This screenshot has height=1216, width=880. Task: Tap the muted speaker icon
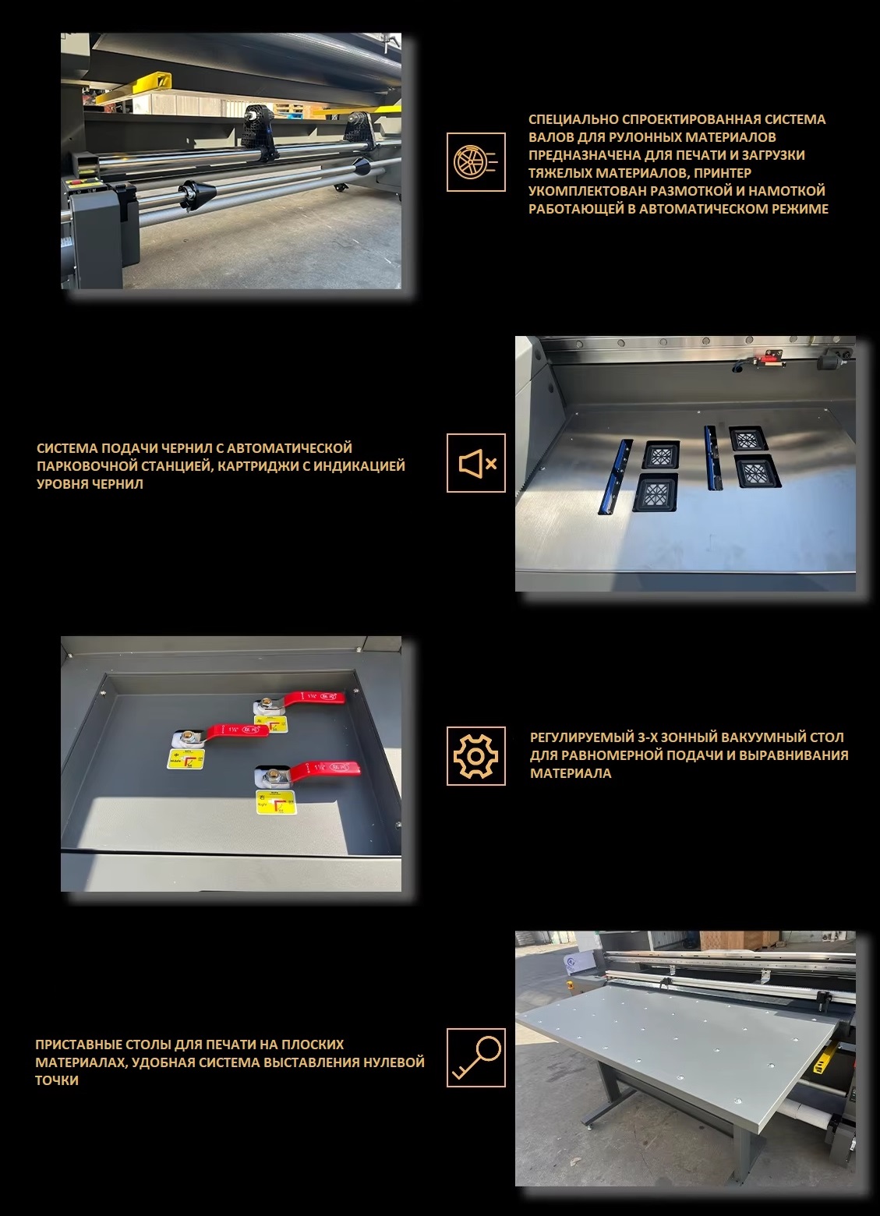[475, 463]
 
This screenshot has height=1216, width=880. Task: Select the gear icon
[475, 756]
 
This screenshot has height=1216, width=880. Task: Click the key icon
[475, 1058]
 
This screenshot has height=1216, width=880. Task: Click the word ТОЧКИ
[57, 1080]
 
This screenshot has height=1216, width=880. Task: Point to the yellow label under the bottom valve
[277, 802]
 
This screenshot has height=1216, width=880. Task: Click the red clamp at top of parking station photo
[760, 359]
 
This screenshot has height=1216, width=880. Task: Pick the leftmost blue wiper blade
[614, 476]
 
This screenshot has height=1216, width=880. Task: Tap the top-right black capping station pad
[747, 439]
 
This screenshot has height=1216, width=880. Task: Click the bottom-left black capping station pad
[656, 492]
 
